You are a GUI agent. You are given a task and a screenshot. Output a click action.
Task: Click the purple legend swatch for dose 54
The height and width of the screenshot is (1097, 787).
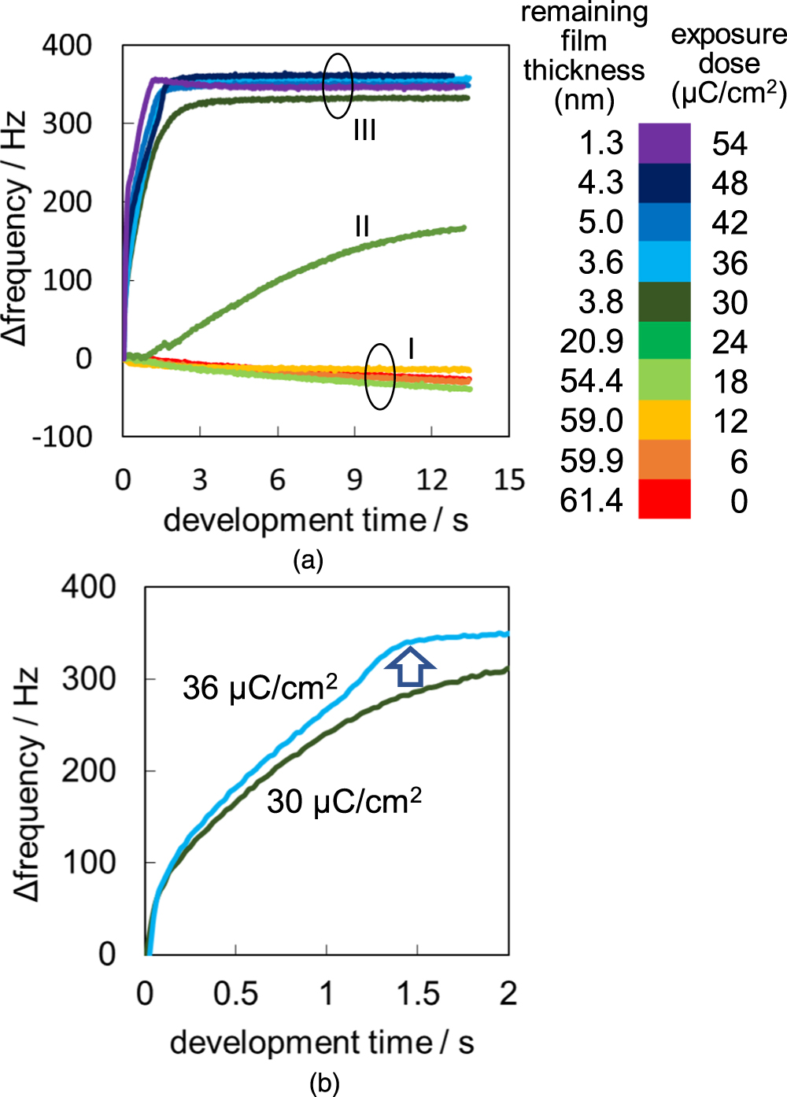pyautogui.click(x=664, y=143)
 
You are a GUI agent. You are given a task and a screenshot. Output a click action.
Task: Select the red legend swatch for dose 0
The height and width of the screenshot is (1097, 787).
pyautogui.click(x=664, y=500)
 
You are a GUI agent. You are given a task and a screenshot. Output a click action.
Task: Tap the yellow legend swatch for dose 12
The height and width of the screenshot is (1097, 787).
pyautogui.click(x=664, y=420)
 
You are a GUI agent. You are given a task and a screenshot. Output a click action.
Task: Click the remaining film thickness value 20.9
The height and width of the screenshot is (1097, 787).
pyautogui.click(x=591, y=342)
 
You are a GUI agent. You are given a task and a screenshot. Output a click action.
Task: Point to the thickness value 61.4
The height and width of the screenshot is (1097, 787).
pyautogui.click(x=591, y=500)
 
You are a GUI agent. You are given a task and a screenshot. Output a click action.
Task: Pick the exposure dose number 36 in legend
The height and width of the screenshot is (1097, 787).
pyautogui.click(x=730, y=263)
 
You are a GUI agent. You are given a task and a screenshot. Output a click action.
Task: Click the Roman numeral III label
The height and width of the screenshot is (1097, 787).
pyautogui.click(x=364, y=130)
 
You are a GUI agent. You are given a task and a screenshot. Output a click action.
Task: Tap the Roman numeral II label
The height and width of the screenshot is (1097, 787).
pyautogui.click(x=361, y=227)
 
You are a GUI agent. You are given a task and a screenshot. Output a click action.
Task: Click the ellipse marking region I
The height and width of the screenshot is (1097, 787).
pyautogui.click(x=380, y=376)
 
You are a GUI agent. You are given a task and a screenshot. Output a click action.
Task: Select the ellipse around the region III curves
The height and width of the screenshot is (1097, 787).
pyautogui.click(x=338, y=86)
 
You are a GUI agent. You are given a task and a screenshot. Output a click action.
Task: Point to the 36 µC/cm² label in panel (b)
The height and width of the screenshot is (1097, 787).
pyautogui.click(x=260, y=687)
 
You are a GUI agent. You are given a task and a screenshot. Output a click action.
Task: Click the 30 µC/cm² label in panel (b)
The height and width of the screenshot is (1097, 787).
pyautogui.click(x=344, y=801)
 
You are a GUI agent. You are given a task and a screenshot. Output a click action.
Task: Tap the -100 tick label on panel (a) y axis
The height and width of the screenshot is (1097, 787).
pyautogui.click(x=61, y=436)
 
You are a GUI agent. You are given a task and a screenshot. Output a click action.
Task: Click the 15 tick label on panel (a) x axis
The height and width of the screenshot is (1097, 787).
pyautogui.click(x=508, y=480)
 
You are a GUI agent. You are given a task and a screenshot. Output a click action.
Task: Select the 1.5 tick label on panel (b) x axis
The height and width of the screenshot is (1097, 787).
pyautogui.click(x=417, y=994)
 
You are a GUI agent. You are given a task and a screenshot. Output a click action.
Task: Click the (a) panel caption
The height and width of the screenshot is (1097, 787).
pyautogui.click(x=308, y=560)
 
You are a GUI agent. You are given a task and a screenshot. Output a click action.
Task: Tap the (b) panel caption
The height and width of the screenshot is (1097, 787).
pyautogui.click(x=324, y=1084)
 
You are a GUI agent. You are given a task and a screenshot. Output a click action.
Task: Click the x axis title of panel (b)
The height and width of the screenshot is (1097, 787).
pyautogui.click(x=321, y=1043)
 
